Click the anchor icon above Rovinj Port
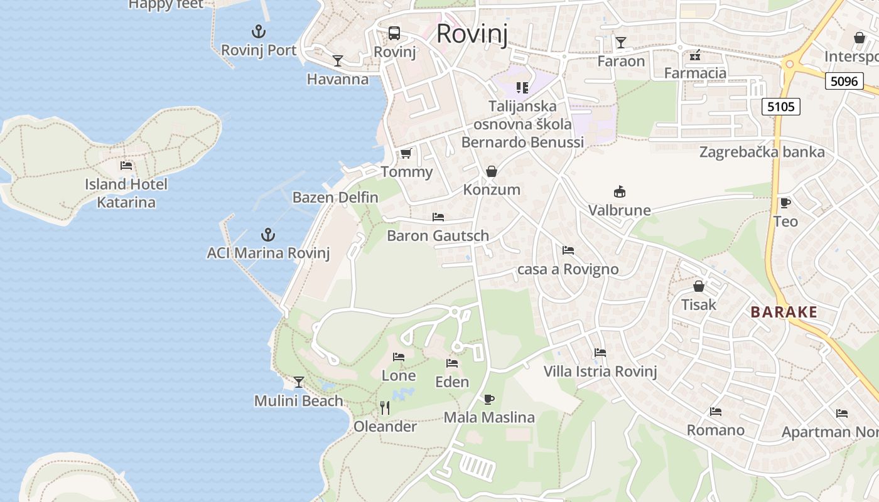point(259,31)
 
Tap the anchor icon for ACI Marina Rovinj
point(268,235)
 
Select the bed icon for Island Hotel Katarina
point(126,166)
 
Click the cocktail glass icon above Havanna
point(338,61)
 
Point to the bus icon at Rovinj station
point(394,33)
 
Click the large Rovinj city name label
point(472,33)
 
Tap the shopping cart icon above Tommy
point(406,153)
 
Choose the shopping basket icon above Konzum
point(492,171)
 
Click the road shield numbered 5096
point(844,80)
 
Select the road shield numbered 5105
point(781,107)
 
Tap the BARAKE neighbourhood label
point(784,312)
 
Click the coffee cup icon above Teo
point(785,203)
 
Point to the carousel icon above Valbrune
point(620,192)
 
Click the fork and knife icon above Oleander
point(385,408)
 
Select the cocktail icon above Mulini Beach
point(299,382)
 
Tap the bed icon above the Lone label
point(399,357)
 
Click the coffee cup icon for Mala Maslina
point(489,399)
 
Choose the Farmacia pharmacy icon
point(695,56)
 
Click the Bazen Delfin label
point(335,198)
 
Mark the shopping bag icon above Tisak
point(699,287)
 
